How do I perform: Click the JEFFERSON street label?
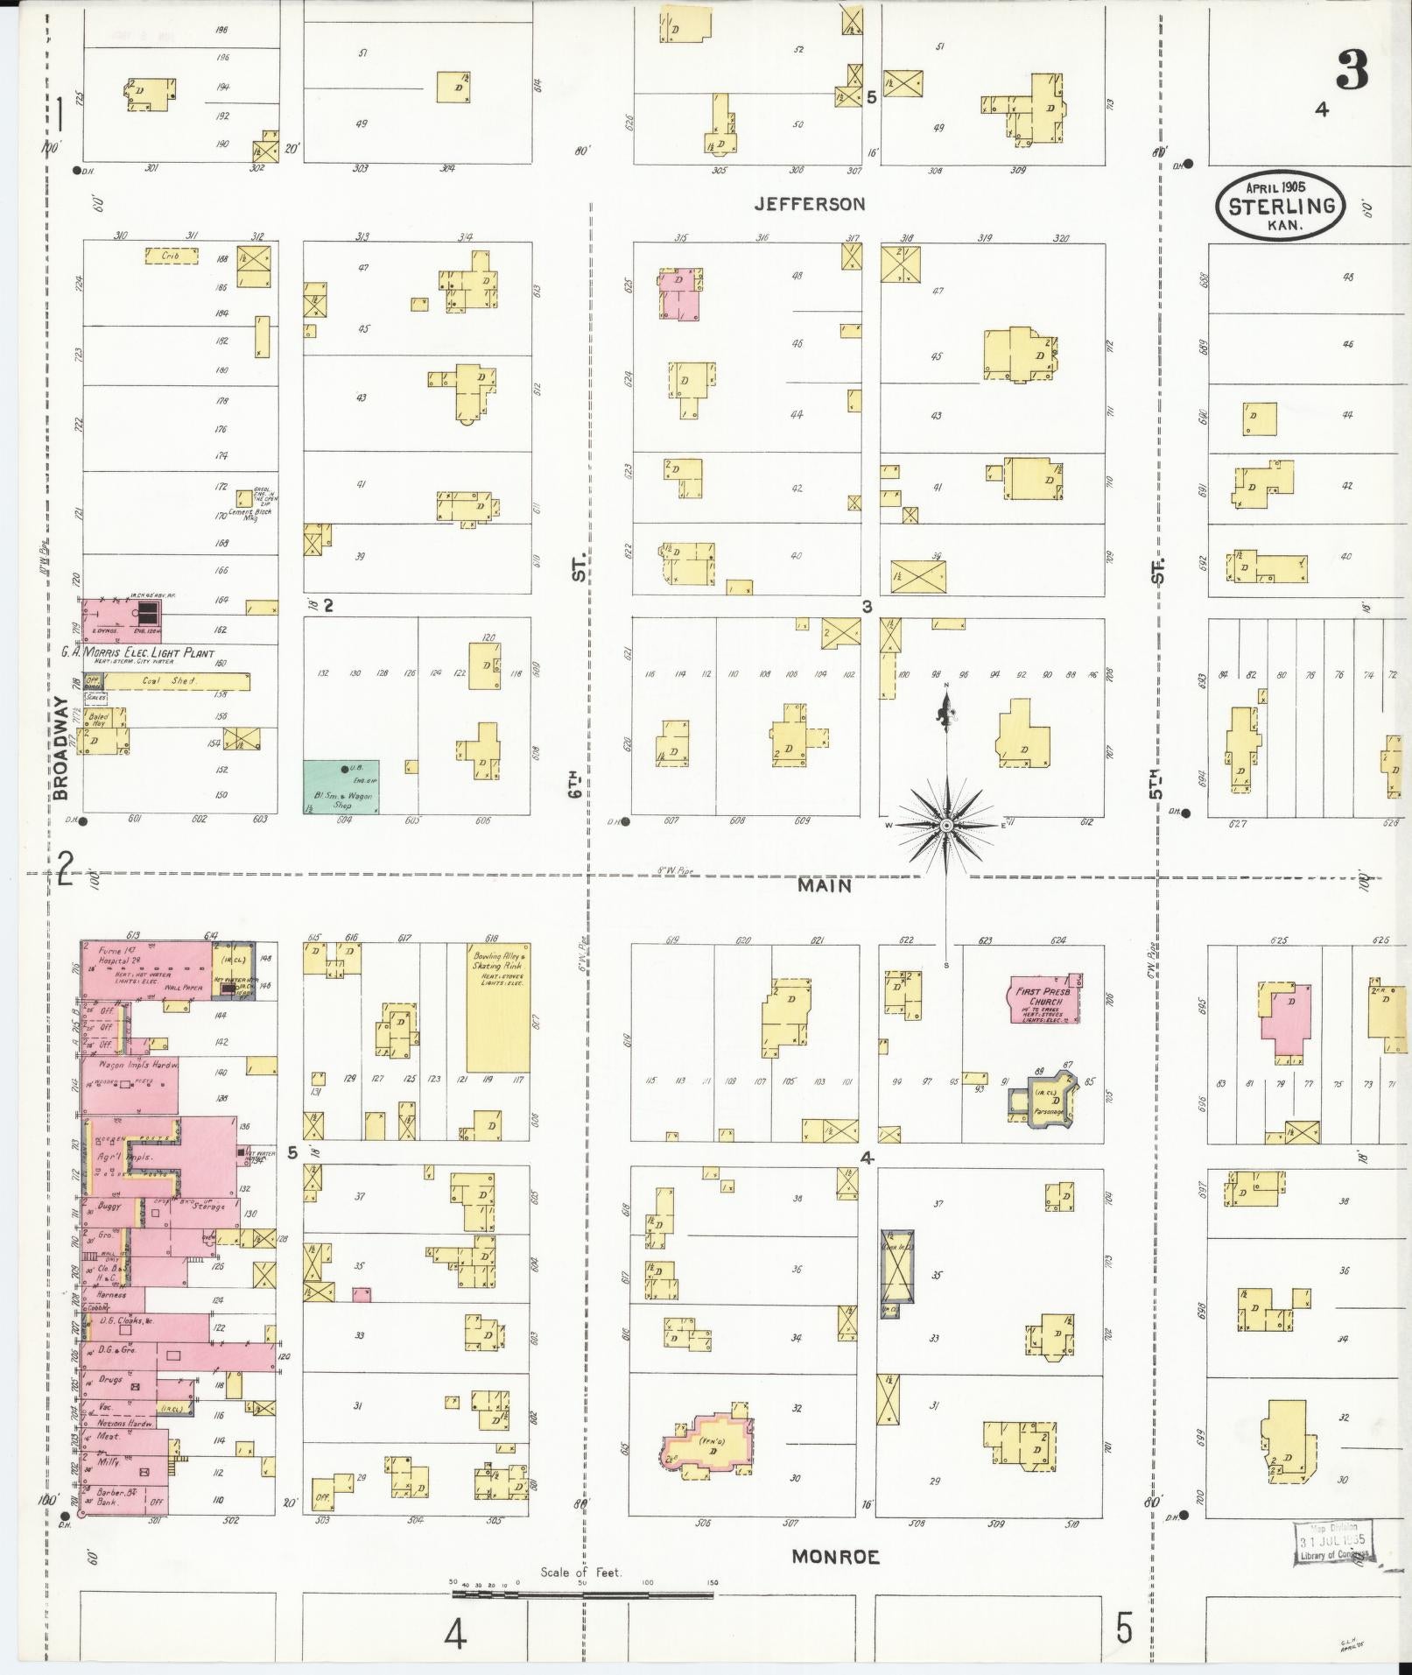pos(810,204)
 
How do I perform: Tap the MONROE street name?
pos(835,1557)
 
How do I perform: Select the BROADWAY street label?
pos(60,749)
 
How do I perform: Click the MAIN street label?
pos(824,885)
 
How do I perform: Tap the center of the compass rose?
pos(945,826)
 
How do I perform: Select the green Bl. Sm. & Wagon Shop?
pos(341,787)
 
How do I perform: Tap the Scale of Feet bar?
pos(581,1595)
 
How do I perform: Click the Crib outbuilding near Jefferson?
pos(172,256)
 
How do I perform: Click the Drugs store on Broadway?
pos(111,1378)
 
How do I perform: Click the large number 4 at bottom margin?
pos(454,1633)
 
